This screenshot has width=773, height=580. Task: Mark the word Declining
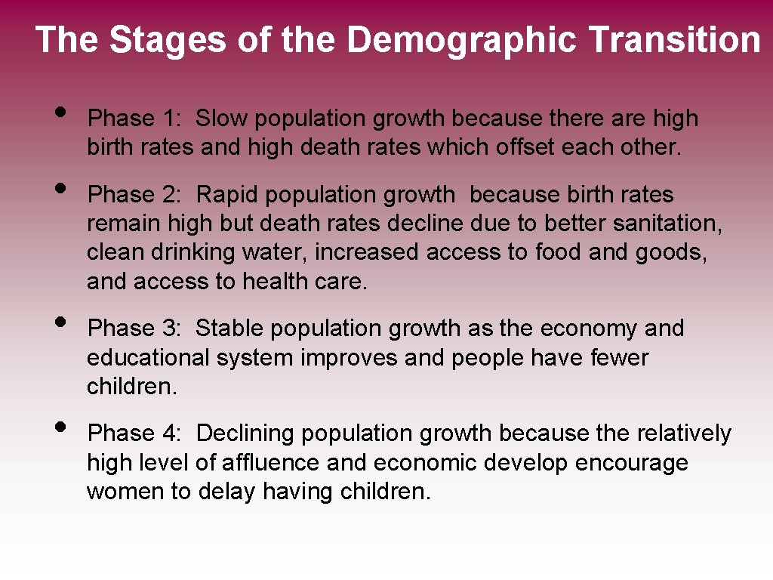tap(246, 433)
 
